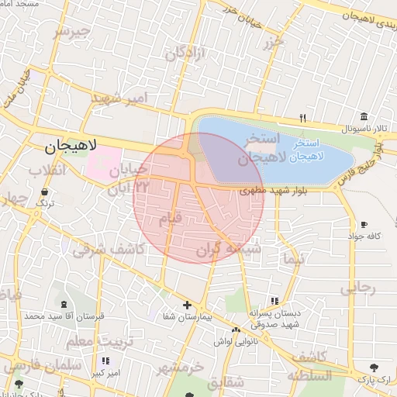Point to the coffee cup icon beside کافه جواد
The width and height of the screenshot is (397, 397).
[364, 225]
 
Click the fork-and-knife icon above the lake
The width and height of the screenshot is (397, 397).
[303, 119]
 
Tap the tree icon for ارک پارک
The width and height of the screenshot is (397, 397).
[375, 367]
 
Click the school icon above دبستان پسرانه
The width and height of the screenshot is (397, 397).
[274, 301]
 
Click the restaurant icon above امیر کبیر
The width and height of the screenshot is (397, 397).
[105, 361]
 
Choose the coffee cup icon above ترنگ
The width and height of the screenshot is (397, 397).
[43, 191]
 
